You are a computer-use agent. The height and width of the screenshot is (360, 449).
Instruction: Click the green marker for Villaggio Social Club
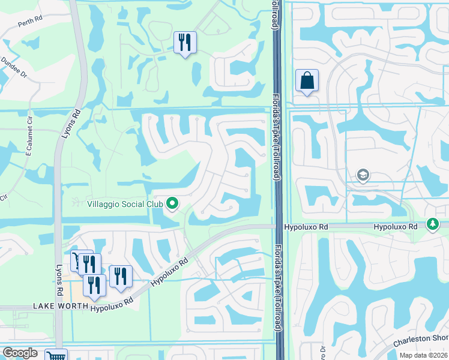[173, 204]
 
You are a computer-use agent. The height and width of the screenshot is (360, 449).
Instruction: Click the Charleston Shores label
[421, 342]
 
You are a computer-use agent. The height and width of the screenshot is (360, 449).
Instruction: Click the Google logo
[20, 353]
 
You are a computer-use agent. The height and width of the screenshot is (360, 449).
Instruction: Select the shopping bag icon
[307, 81]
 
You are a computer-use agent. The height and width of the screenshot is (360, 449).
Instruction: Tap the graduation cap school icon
[363, 175]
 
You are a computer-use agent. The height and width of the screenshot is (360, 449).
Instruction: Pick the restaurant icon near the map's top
[184, 43]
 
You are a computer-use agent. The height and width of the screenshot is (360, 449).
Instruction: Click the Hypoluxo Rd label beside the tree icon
[395, 227]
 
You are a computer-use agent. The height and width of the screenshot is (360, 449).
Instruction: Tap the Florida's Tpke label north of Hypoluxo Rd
[278, 150]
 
